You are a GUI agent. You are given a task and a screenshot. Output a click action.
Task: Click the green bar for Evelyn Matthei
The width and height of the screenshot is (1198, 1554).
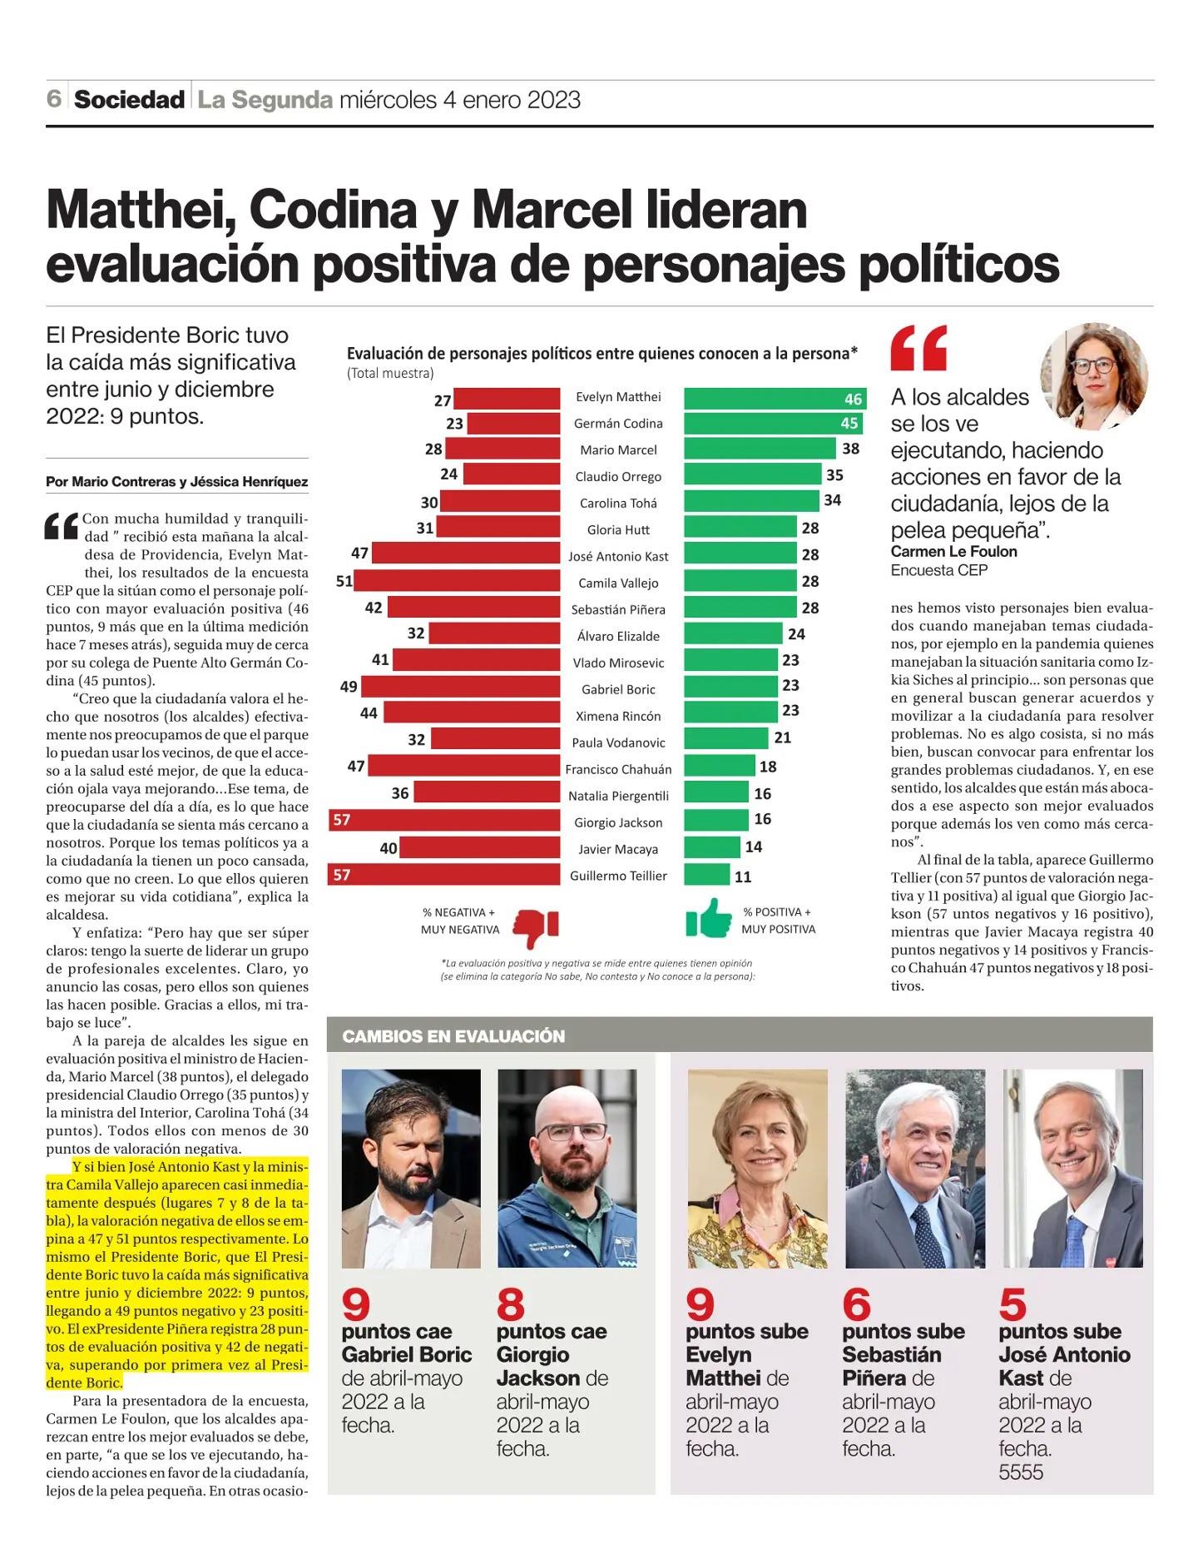tap(775, 398)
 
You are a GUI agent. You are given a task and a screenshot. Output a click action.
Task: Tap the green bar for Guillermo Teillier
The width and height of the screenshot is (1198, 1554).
tap(707, 875)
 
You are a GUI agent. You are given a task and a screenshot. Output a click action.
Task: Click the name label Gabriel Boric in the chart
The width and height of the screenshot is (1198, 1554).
tap(618, 689)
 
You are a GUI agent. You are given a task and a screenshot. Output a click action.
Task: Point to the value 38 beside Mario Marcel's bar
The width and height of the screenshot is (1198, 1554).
tap(850, 449)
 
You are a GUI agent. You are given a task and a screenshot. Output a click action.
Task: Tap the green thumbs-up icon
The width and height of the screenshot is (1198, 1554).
tap(709, 918)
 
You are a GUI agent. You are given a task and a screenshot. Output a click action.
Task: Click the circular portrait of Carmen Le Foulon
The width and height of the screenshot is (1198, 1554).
tap(1094, 376)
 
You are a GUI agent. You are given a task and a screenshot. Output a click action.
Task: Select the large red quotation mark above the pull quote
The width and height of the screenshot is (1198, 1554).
tap(919, 347)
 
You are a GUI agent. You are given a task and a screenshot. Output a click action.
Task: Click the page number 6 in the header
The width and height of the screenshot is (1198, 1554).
tap(54, 99)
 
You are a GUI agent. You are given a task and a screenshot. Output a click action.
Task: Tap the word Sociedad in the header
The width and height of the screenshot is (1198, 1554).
tap(129, 100)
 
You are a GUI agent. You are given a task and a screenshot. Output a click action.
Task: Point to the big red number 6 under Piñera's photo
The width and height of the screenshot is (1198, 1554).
tap(857, 1303)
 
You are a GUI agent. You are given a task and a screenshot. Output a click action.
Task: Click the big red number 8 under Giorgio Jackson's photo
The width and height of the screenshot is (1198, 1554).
tap(511, 1303)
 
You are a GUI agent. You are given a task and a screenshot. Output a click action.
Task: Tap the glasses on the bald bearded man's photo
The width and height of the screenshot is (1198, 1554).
tap(572, 1132)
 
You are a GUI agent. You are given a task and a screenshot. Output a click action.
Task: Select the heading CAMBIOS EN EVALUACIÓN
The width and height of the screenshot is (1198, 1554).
tap(453, 1036)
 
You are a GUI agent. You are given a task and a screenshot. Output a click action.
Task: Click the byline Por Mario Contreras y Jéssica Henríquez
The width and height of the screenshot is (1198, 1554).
tap(177, 482)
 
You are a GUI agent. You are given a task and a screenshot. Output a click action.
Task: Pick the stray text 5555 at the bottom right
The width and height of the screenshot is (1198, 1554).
tap(1021, 1472)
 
